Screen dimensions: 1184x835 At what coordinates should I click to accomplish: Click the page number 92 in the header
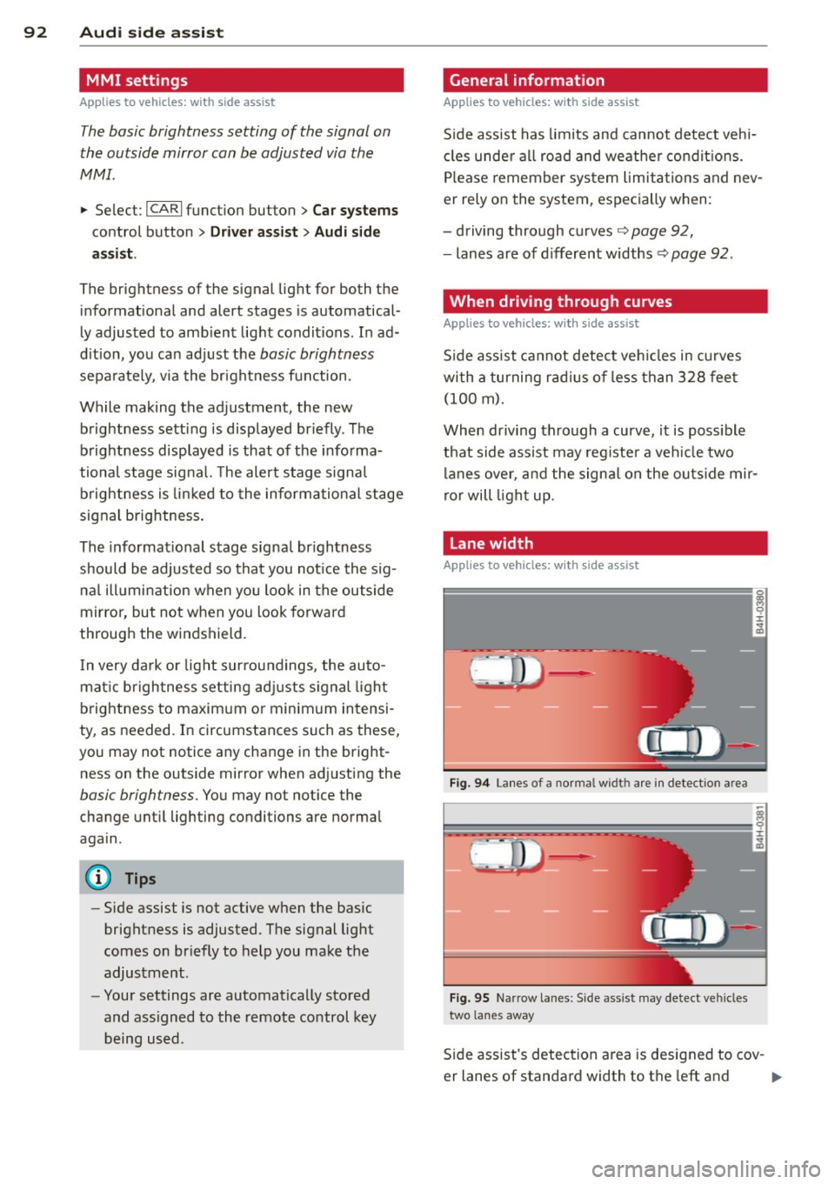click(x=35, y=32)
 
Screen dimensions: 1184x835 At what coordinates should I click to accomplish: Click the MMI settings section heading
click(x=137, y=80)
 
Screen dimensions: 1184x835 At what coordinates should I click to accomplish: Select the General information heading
click(x=526, y=80)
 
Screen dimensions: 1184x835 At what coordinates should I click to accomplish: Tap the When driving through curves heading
click(x=560, y=301)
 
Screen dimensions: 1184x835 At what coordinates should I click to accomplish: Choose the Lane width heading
click(x=491, y=543)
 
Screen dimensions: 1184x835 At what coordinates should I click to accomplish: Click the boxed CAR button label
click(x=164, y=209)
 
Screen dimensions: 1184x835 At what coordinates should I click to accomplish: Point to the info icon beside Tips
click(x=99, y=878)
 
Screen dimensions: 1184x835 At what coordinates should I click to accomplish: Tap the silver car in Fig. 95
click(x=684, y=929)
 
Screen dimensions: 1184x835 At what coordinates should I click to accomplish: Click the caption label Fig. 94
click(x=470, y=783)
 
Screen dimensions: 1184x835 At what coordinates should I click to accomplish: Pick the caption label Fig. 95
click(x=470, y=998)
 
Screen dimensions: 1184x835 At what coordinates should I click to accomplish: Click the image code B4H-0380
click(x=759, y=612)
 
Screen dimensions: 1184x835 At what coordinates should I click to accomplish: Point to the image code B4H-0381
click(x=759, y=826)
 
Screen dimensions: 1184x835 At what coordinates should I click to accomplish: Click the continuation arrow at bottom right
click(x=776, y=1077)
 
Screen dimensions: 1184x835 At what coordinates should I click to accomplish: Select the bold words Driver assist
click(x=254, y=231)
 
